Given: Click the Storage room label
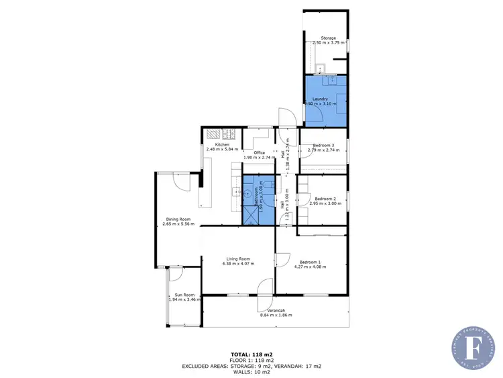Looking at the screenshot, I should [328, 38].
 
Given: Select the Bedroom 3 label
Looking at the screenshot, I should [324, 145].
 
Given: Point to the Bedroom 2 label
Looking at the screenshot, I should [325, 198].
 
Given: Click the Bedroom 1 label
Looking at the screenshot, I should [311, 261].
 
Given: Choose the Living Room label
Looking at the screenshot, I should [238, 258].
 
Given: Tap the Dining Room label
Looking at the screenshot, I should [178, 219].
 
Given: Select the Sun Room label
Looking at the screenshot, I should [184, 295].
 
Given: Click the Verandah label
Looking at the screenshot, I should [272, 310].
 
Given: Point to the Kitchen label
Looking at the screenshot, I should [222, 144].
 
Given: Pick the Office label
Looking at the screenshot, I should [259, 152].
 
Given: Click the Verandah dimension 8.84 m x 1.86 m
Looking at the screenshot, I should [276, 316].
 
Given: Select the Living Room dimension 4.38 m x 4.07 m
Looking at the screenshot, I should [238, 264].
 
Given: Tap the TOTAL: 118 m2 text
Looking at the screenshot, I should [251, 354].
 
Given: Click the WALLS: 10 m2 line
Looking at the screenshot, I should [251, 371].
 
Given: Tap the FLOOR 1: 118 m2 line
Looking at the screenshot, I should [251, 360].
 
